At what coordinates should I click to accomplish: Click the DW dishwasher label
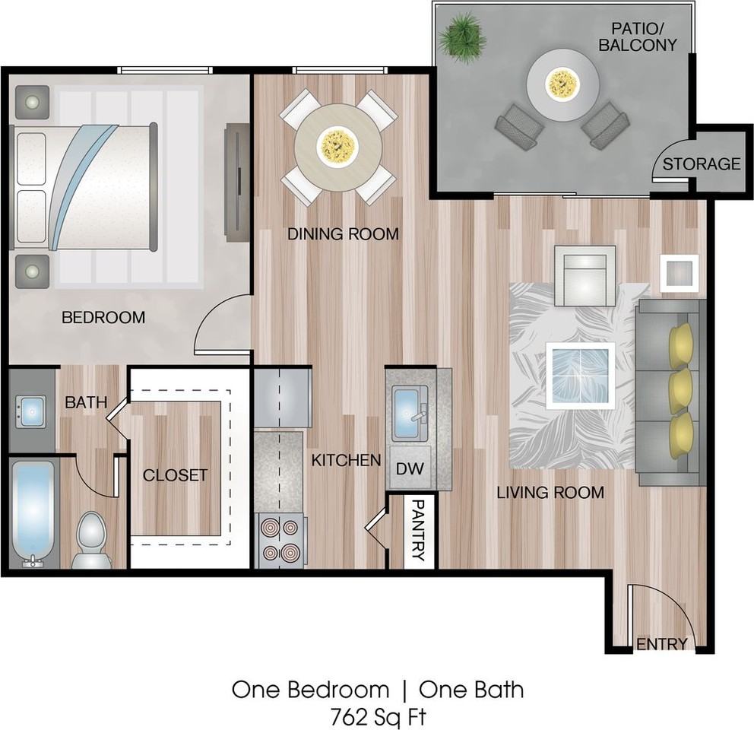point(410,469)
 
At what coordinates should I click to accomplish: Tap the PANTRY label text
point(417,530)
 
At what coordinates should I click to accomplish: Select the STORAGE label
point(701,163)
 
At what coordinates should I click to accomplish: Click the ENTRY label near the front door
point(661,644)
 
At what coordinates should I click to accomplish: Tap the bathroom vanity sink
point(31,411)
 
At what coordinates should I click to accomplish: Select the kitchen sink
point(410,411)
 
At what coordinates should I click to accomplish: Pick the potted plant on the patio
point(463,34)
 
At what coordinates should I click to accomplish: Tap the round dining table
point(338,146)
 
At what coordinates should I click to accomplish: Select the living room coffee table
point(581,376)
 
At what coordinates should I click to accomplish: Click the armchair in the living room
point(585,275)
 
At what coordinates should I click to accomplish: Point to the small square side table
point(679,271)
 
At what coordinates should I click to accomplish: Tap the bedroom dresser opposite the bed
point(236,182)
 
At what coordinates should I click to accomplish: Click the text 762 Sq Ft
point(377,716)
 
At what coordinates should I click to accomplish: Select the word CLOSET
point(175,475)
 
